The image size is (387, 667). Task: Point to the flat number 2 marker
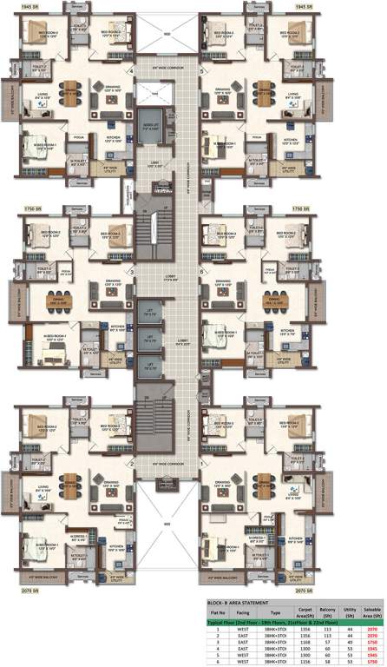[x=132, y=464]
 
